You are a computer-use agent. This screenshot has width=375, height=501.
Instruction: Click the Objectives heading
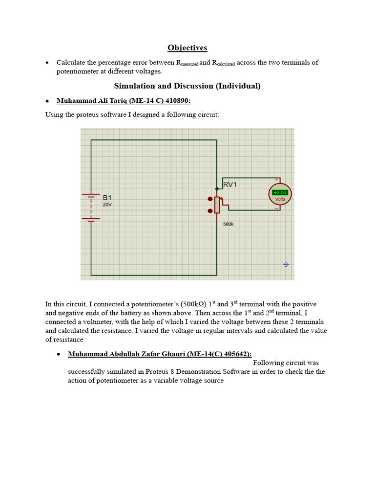point(187,47)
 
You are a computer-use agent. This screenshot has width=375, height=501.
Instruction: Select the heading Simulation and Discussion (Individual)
point(187,86)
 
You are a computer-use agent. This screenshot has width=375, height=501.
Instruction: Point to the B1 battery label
point(107,198)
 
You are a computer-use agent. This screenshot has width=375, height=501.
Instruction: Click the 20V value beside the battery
point(107,205)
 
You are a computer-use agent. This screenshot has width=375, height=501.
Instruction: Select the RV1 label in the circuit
point(230,185)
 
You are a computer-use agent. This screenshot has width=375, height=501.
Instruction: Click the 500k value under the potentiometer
point(228,225)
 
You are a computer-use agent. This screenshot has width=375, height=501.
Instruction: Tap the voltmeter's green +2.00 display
point(280,192)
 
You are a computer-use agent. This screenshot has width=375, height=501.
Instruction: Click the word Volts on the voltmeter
point(280,200)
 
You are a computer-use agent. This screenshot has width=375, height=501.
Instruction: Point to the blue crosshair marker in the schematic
point(286,265)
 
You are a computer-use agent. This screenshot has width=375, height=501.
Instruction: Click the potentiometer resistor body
point(217,205)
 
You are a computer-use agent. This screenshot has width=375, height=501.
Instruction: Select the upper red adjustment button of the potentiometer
point(210,199)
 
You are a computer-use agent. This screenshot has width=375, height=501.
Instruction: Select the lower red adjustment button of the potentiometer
point(210,211)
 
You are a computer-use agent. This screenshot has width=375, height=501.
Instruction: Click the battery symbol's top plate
point(91,194)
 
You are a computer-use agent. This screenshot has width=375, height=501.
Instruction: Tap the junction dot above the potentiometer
point(217,188)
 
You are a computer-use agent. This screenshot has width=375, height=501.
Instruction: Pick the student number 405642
point(237,354)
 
